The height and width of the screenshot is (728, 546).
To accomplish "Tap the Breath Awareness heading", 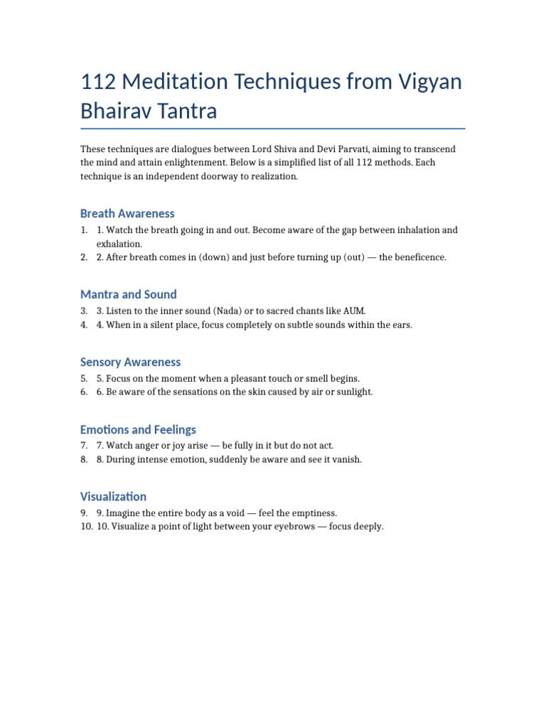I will [x=127, y=213].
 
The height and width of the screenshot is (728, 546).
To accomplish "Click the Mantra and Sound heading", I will [x=129, y=294].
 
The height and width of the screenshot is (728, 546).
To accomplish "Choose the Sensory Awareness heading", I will [x=131, y=362].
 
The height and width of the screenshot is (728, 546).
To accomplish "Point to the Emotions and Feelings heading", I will [x=138, y=429].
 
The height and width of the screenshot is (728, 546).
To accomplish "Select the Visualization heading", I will [x=114, y=496].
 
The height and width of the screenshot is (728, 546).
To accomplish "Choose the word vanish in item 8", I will [x=346, y=459].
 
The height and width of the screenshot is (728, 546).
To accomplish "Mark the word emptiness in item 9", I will [x=310, y=513].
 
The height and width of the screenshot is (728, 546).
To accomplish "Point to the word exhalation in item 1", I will [x=119, y=244].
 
